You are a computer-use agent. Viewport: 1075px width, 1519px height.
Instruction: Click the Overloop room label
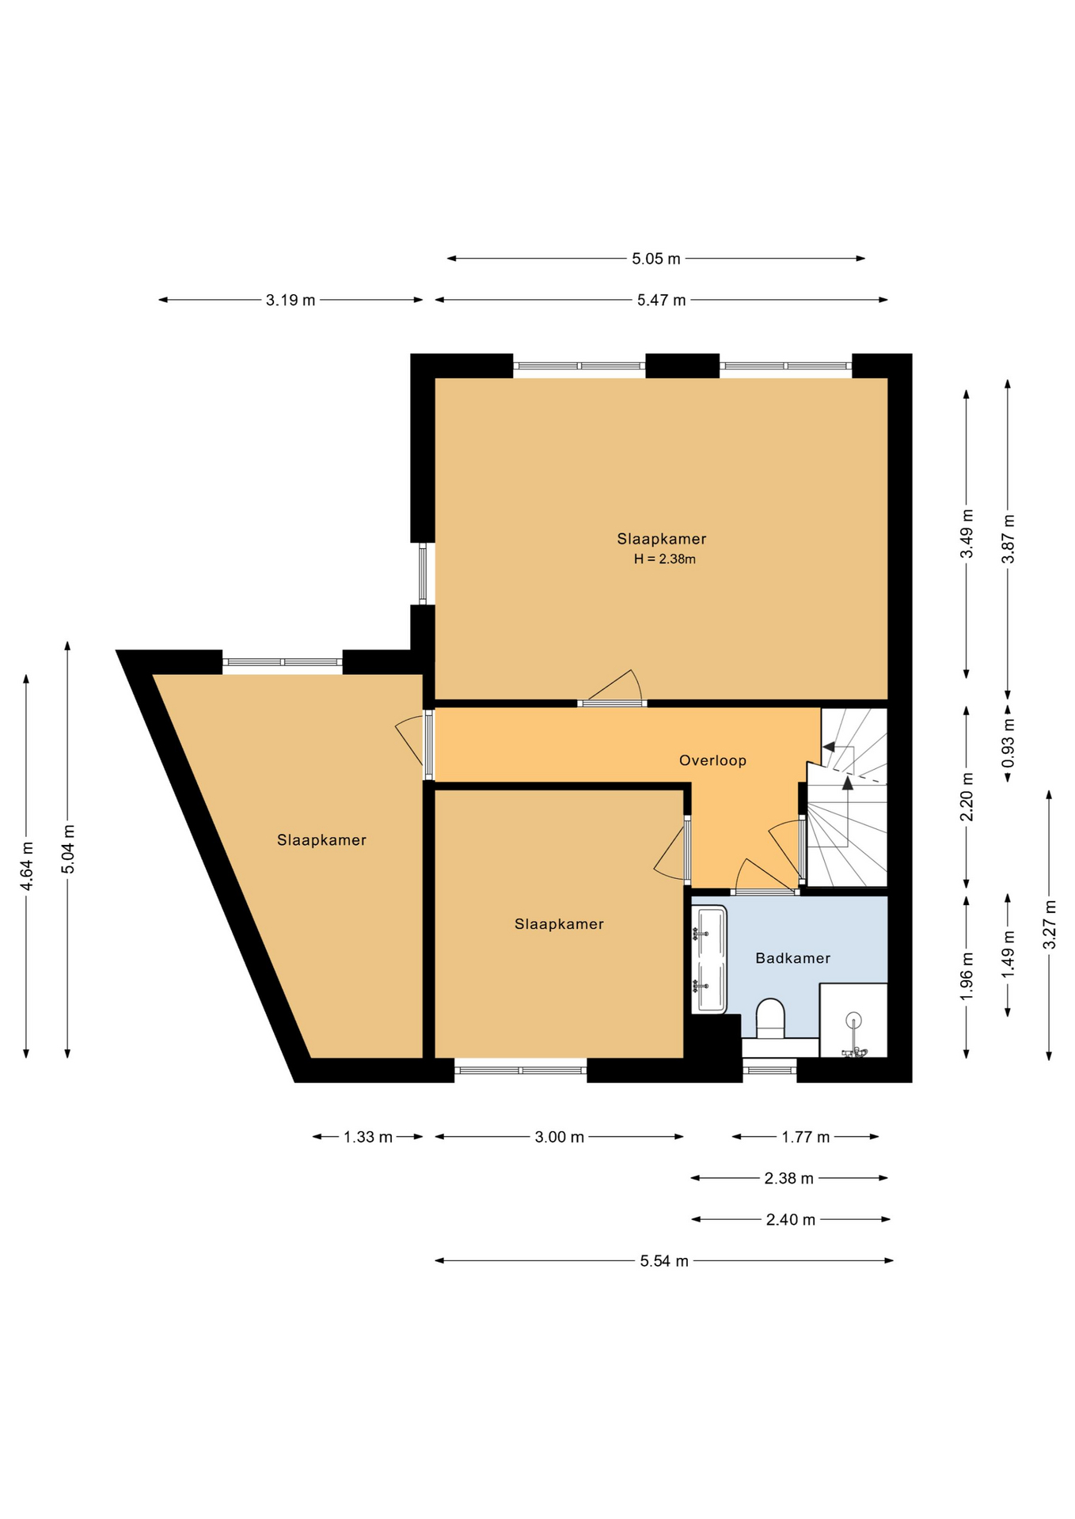(712, 760)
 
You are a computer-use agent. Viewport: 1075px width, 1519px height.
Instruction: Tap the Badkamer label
(792, 958)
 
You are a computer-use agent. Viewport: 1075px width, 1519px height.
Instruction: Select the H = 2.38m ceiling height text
(664, 559)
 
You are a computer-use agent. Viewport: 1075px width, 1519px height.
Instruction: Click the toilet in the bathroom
(770, 1018)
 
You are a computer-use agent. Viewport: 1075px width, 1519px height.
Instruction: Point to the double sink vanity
(709, 960)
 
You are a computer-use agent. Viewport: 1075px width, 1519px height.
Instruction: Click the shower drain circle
(853, 1020)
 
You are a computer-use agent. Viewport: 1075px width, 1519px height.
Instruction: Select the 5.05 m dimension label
(656, 259)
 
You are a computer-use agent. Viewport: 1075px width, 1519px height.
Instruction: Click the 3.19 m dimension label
(291, 300)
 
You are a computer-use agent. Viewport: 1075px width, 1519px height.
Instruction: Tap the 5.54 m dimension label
(664, 1261)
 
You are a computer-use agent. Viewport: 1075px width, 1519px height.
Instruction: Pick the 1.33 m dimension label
(368, 1137)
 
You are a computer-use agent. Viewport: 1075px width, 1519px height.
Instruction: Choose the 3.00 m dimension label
(560, 1137)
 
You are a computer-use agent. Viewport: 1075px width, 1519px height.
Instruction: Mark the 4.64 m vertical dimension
(27, 865)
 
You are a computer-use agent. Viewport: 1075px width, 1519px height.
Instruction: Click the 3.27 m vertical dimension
(1050, 925)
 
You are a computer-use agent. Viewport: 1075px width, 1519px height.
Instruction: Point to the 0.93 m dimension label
(1009, 742)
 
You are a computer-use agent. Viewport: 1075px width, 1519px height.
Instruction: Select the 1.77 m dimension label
(806, 1137)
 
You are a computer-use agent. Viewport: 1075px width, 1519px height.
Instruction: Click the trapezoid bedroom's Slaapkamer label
(321, 840)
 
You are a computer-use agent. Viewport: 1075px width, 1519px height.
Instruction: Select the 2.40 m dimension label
(791, 1220)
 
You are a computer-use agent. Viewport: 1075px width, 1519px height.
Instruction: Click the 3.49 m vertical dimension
(967, 534)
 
